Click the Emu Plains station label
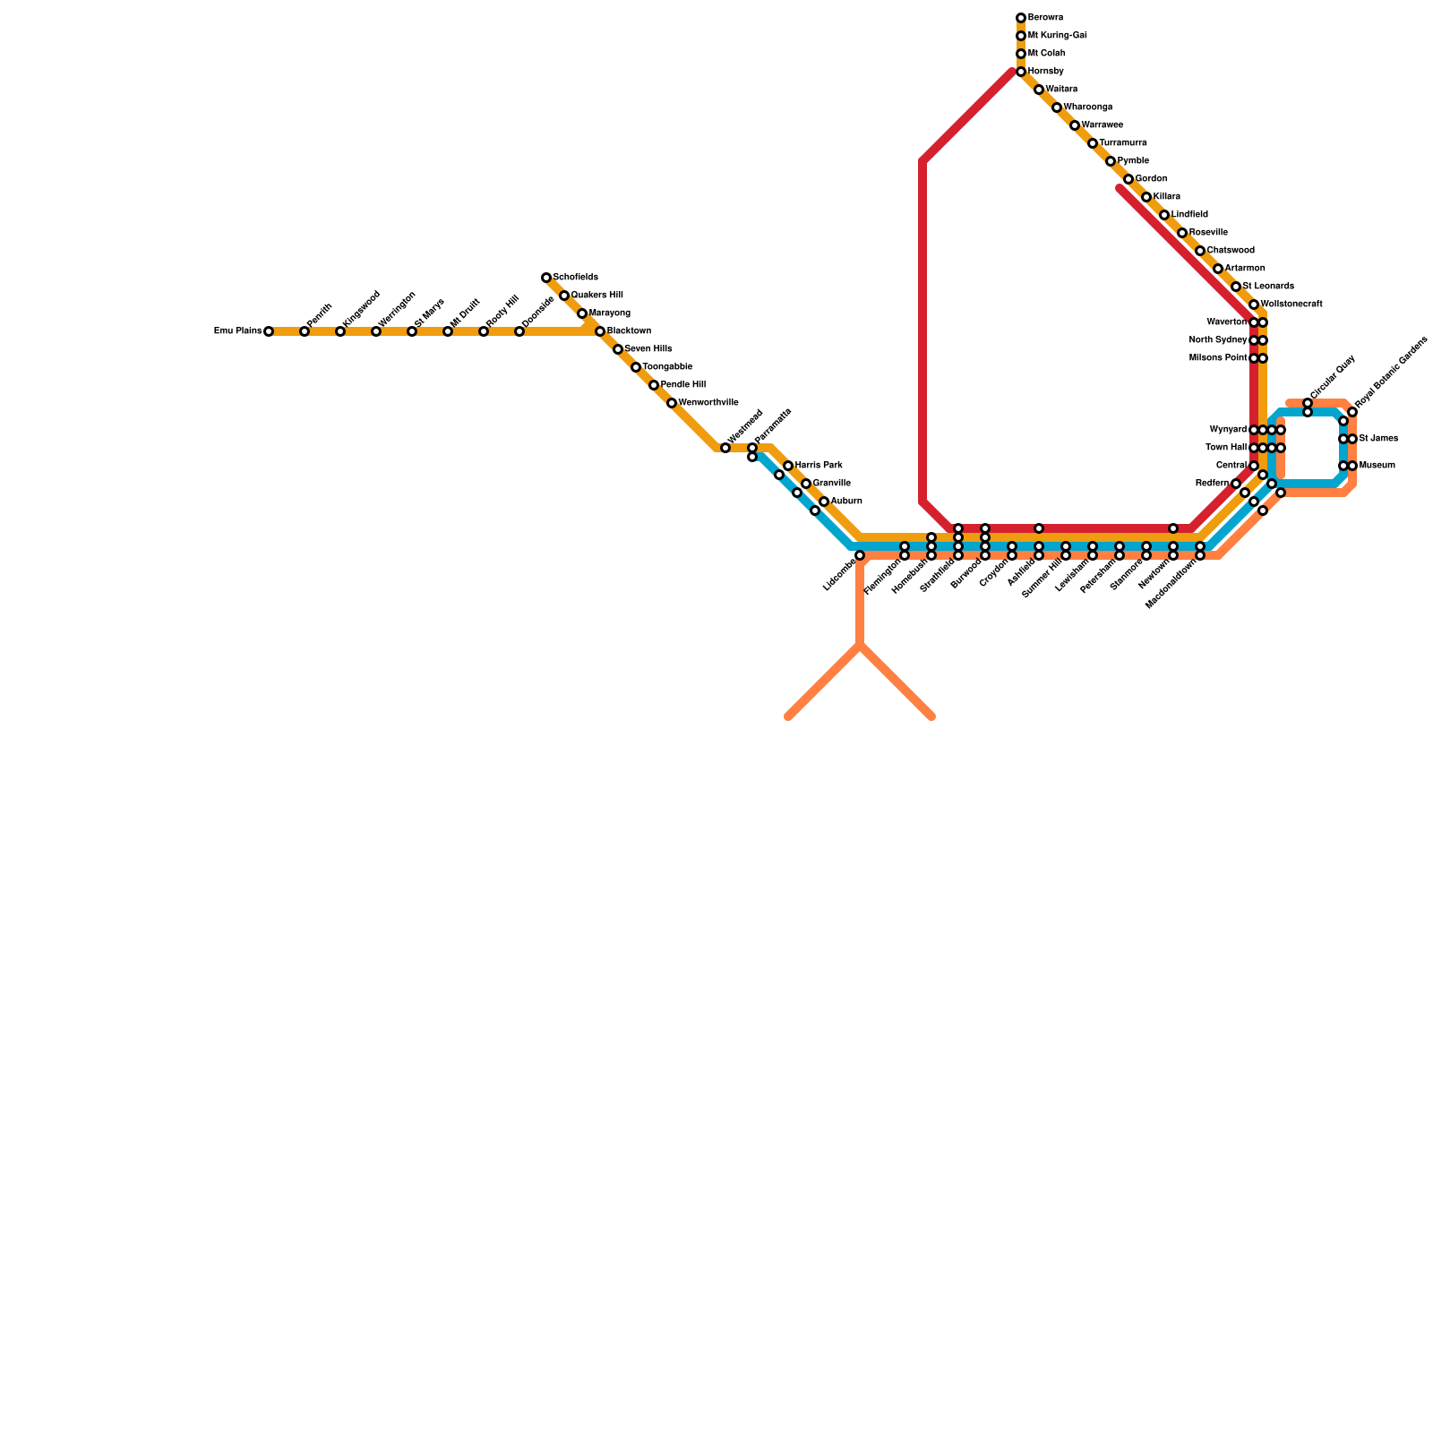pyautogui.click(x=237, y=331)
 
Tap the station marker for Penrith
pyautogui.click(x=305, y=331)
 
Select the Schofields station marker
pyautogui.click(x=546, y=278)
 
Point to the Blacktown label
pyautogui.click(x=629, y=331)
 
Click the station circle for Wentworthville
pyautogui.click(x=672, y=403)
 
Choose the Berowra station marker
pyautogui.click(x=1021, y=18)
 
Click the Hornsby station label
pyautogui.click(x=1045, y=72)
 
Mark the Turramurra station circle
pyautogui.click(x=1093, y=143)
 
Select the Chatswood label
pyautogui.click(x=1231, y=251)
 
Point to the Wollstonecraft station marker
pyautogui.click(x=1254, y=305)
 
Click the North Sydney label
pyautogui.click(x=1218, y=340)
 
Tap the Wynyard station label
pyautogui.click(x=1227, y=430)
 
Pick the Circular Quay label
pyautogui.click(x=1333, y=377)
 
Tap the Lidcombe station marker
pyautogui.click(x=860, y=555)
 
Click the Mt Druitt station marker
pyautogui.click(x=448, y=331)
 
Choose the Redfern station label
pyautogui.click(x=1212, y=484)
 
